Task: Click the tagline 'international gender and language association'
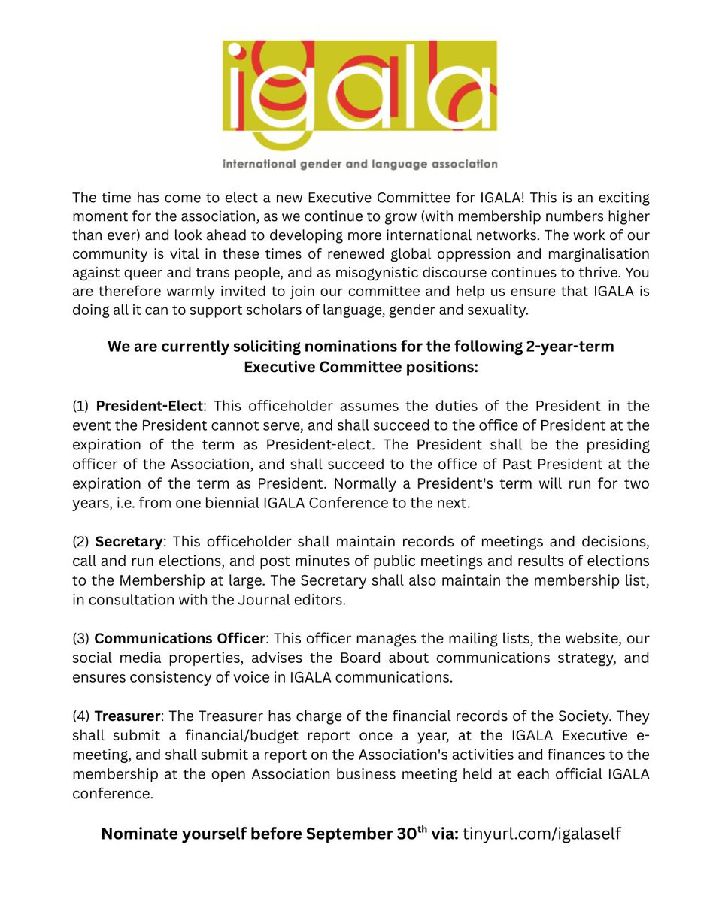(360, 164)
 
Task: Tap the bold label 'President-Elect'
(149, 406)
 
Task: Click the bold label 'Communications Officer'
(180, 639)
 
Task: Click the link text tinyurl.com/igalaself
(541, 834)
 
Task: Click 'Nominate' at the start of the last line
(139, 834)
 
